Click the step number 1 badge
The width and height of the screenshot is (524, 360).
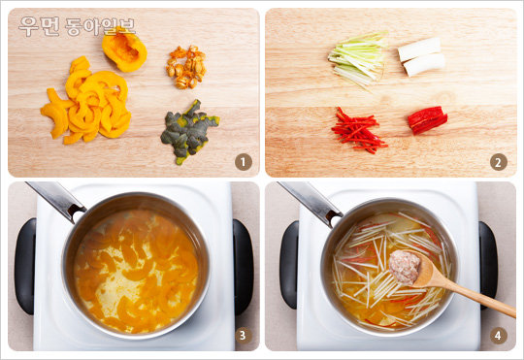244,162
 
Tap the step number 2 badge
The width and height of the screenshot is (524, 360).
498,162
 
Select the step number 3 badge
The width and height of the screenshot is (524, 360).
244,336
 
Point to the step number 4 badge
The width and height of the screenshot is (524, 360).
498,336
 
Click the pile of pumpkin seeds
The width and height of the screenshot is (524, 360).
186,67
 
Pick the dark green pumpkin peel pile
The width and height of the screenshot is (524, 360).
188,131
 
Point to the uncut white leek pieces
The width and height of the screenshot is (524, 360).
422,56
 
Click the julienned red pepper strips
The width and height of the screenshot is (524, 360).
358,131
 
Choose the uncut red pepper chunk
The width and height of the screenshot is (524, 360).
427,120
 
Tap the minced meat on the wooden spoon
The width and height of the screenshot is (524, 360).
404,267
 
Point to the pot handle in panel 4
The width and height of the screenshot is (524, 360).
310,203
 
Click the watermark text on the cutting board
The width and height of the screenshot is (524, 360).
77,26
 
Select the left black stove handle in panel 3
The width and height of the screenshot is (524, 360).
25,267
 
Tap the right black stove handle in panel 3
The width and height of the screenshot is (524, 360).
243,267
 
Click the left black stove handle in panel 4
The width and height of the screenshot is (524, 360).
288,265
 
